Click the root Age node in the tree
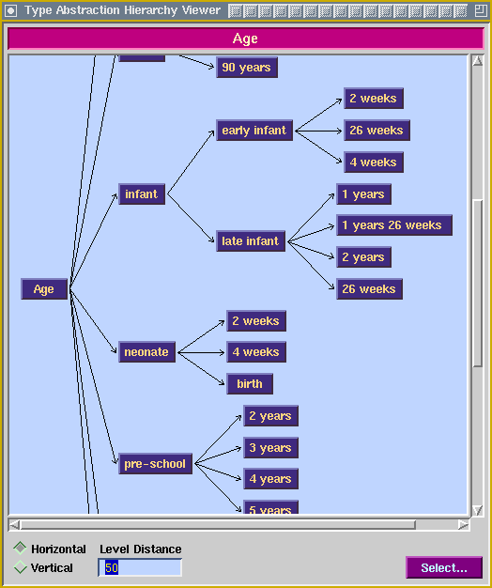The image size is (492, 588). (44, 289)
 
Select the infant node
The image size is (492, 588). (142, 194)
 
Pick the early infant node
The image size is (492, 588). (254, 131)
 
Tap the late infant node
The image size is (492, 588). (251, 241)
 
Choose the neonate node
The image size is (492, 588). (146, 352)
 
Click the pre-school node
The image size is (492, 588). (155, 464)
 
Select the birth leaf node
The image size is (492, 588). (250, 384)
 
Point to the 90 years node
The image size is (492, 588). (247, 68)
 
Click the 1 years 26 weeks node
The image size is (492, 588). (394, 225)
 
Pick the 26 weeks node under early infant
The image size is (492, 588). (377, 131)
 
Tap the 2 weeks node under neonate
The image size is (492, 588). (256, 321)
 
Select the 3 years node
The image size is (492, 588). (271, 448)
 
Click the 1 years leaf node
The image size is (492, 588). (364, 194)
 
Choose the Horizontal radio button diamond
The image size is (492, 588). (20, 549)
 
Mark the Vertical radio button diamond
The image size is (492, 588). (20, 567)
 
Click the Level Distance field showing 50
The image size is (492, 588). (140, 567)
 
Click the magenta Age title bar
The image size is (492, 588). (245, 39)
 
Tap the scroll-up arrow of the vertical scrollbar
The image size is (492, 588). (477, 61)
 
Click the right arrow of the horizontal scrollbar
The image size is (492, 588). (463, 525)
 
